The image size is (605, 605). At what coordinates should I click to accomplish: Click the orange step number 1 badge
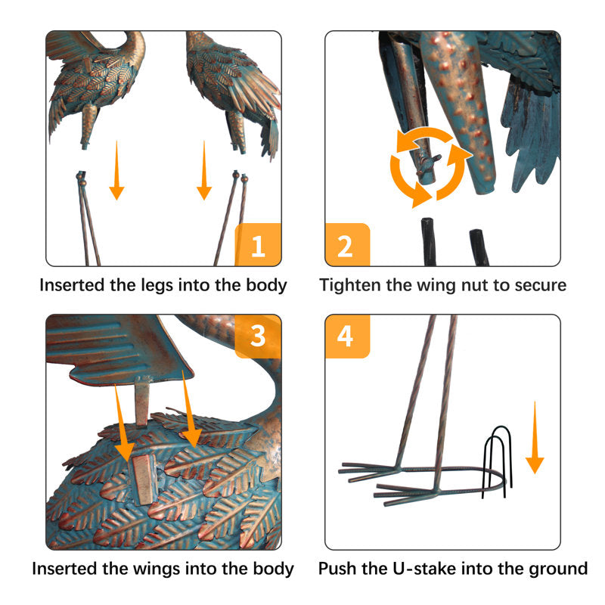pyautogui.click(x=258, y=244)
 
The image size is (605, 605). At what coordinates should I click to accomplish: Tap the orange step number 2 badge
pyautogui.click(x=347, y=244)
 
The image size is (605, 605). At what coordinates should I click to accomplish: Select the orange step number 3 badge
pyautogui.click(x=258, y=336)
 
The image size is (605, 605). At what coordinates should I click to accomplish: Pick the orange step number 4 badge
pyautogui.click(x=347, y=336)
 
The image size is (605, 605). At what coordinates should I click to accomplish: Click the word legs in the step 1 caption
pyautogui.click(x=157, y=287)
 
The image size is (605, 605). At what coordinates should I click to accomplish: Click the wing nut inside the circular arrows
pyautogui.click(x=428, y=163)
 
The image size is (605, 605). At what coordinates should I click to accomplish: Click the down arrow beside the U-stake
pyautogui.click(x=535, y=438)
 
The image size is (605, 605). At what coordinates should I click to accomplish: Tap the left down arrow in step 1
pyautogui.click(x=116, y=170)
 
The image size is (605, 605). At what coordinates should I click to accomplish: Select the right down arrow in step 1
pyautogui.click(x=204, y=170)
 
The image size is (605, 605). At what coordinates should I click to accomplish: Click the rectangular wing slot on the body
pyautogui.click(x=144, y=479)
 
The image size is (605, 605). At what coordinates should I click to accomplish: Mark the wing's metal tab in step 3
pyautogui.click(x=141, y=402)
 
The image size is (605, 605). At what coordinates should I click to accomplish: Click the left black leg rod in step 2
pyautogui.click(x=429, y=242)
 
